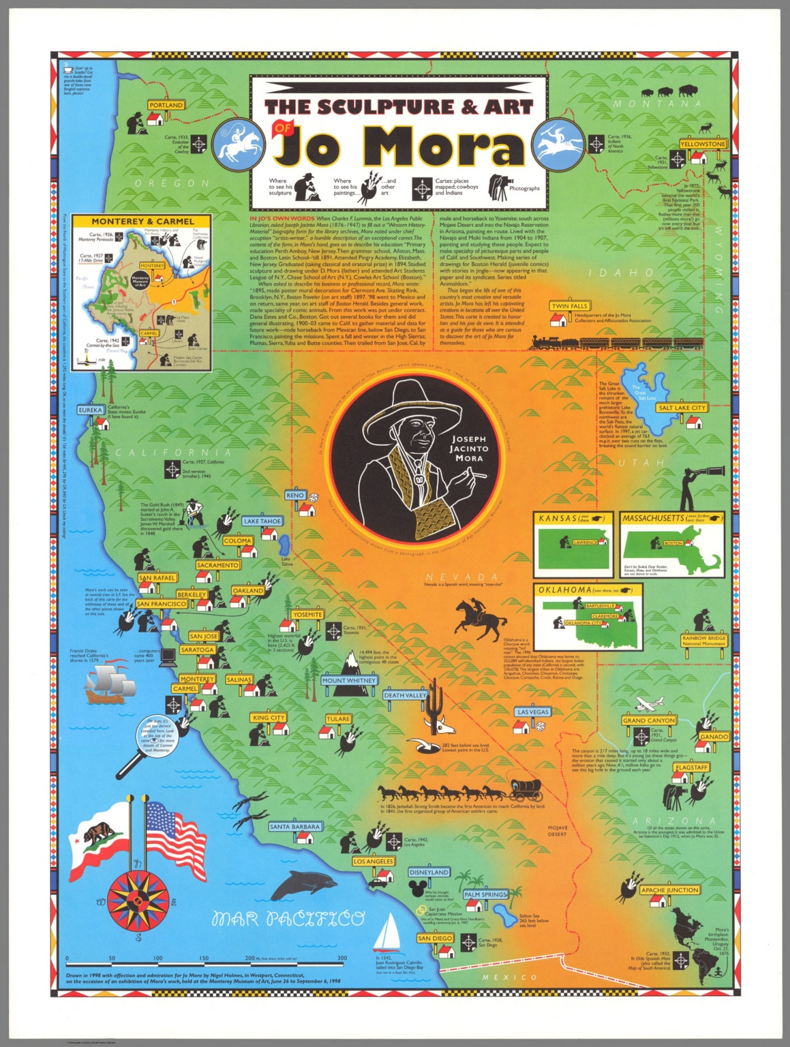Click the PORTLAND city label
[x=166, y=105]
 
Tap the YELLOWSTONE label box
[x=703, y=145]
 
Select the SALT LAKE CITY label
[x=682, y=408]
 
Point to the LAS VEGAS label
[x=533, y=712]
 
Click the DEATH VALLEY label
[x=405, y=695]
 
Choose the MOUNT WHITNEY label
[x=349, y=680]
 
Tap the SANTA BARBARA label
[x=294, y=827]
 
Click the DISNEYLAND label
[x=429, y=872]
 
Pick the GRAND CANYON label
[x=649, y=720]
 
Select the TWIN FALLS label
[x=569, y=306]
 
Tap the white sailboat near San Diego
[x=390, y=932]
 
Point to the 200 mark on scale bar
[x=249, y=958]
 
